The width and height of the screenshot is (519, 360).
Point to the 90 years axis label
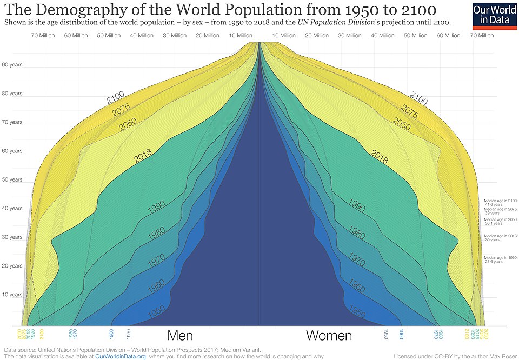tap(12, 65)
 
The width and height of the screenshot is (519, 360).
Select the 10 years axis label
tap(12, 295)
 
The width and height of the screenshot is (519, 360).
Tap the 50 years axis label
tap(12, 179)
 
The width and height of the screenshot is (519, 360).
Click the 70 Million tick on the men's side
tap(42, 36)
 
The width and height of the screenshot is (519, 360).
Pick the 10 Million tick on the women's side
tap(284, 36)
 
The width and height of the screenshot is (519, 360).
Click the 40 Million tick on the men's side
tap(142, 36)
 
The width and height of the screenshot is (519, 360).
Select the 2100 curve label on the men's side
tap(116, 99)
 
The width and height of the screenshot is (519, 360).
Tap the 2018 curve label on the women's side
tap(380, 155)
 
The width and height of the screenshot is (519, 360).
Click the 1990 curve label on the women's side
tap(357, 205)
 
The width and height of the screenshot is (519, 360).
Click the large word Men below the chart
tap(180, 336)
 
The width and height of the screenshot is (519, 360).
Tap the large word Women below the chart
tap(329, 336)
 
